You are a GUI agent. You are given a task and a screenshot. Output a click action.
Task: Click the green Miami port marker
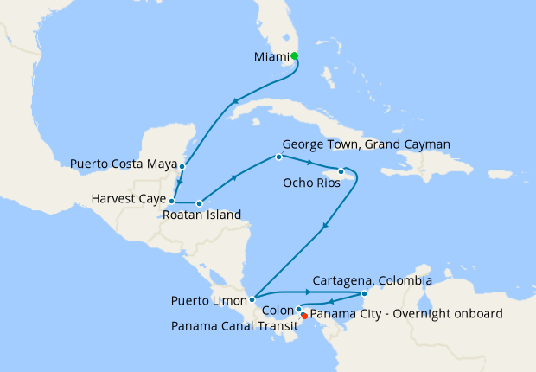pyautogui.click(x=295, y=56)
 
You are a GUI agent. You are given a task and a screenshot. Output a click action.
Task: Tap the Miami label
pyautogui.click(x=271, y=57)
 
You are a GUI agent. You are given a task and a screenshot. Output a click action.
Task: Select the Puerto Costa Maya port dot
pyautogui.click(x=182, y=165)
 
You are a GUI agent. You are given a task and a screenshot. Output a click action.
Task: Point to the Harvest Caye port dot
pyautogui.click(x=171, y=200)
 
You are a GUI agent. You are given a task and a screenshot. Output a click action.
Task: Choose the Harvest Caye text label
pyautogui.click(x=128, y=199)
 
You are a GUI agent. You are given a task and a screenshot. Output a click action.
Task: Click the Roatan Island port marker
pyautogui.click(x=199, y=204)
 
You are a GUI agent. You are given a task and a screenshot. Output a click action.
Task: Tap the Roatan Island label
pyautogui.click(x=202, y=215)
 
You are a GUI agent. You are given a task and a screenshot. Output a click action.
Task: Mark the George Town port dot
pyautogui.click(x=278, y=157)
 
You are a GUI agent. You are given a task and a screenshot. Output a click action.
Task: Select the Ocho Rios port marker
pyautogui.click(x=341, y=171)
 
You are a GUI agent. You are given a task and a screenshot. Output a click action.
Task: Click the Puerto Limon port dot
pyautogui.click(x=252, y=300)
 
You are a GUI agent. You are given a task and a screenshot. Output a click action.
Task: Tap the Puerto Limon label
pyautogui.click(x=210, y=301)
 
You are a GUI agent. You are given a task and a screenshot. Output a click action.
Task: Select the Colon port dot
pyautogui.click(x=298, y=310)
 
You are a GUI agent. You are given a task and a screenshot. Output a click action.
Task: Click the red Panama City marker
pyautogui.click(x=304, y=317)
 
